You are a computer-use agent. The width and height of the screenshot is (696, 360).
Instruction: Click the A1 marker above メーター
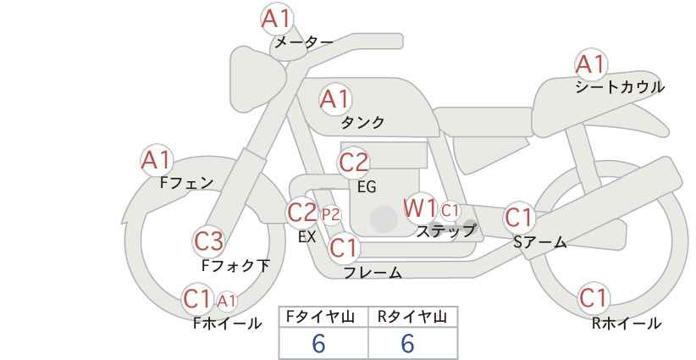277,19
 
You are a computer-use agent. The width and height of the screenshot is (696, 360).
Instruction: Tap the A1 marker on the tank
335,99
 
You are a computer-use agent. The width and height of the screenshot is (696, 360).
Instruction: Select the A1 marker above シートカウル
591,64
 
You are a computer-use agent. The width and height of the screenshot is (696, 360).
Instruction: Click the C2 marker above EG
354,163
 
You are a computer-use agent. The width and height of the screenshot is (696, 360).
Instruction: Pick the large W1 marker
420,208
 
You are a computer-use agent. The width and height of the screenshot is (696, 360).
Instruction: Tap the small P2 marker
331,215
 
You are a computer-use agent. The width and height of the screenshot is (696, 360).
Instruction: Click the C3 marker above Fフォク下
209,241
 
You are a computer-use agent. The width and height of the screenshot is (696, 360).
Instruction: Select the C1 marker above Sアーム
519,218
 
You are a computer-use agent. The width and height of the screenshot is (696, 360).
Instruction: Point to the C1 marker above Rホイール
594,298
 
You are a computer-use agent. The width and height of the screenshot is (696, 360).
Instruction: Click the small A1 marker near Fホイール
227,302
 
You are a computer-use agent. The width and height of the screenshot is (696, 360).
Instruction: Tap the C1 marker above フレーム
344,247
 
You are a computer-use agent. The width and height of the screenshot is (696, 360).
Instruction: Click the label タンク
362,123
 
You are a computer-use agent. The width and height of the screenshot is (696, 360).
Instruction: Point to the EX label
307,236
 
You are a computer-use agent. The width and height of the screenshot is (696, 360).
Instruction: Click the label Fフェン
186,183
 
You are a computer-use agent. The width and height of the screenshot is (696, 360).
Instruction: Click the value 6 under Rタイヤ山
408,343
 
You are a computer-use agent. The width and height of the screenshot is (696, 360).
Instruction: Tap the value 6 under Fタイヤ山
319,343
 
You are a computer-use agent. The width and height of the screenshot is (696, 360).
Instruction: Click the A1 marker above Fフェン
157,160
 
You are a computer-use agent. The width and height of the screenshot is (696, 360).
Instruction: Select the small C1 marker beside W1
450,210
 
